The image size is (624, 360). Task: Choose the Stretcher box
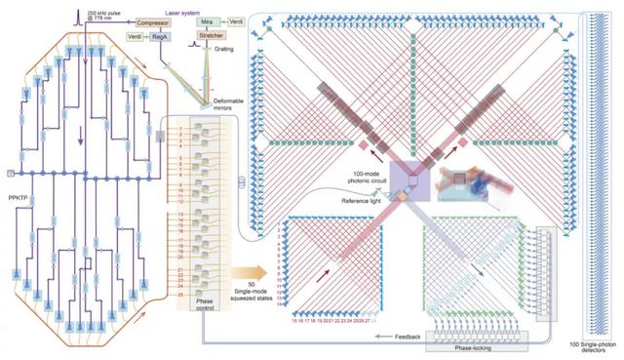(x=216, y=36)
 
